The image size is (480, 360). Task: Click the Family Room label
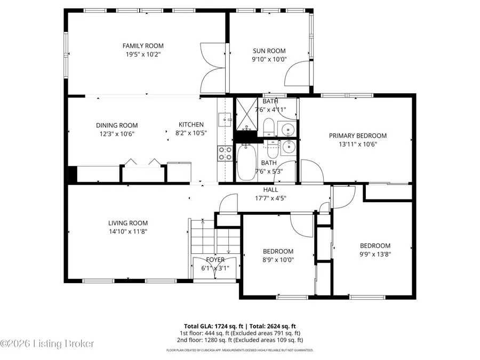click(x=143, y=46)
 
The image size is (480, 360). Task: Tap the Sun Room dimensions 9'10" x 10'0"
click(x=269, y=59)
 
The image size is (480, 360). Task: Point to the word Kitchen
click(x=191, y=125)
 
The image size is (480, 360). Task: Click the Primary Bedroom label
click(x=357, y=135)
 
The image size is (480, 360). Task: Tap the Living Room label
click(x=128, y=223)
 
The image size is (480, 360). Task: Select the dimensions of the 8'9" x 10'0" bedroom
click(x=278, y=260)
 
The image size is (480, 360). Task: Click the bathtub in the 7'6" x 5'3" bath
click(x=245, y=163)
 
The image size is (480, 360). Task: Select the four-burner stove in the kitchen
click(x=225, y=154)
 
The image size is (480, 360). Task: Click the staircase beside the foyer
click(x=202, y=247)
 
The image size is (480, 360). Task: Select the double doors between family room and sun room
click(x=213, y=68)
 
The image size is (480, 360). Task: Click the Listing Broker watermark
click(x=48, y=344)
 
